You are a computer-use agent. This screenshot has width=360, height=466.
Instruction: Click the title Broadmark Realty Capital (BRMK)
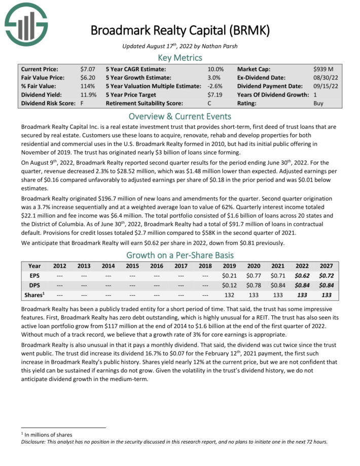[180, 30]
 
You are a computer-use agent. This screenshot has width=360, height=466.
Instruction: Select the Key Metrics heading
[180, 57]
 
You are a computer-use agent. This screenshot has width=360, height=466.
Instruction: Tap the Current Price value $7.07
[87, 68]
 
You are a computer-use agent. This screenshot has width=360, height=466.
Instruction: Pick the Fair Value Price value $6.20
[87, 77]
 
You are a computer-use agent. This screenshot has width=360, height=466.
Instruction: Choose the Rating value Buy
[319, 103]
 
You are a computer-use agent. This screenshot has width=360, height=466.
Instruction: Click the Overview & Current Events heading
[180, 115]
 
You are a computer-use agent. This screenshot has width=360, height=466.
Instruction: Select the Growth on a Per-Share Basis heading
[180, 255]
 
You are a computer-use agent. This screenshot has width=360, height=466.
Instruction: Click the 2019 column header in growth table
[230, 266]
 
